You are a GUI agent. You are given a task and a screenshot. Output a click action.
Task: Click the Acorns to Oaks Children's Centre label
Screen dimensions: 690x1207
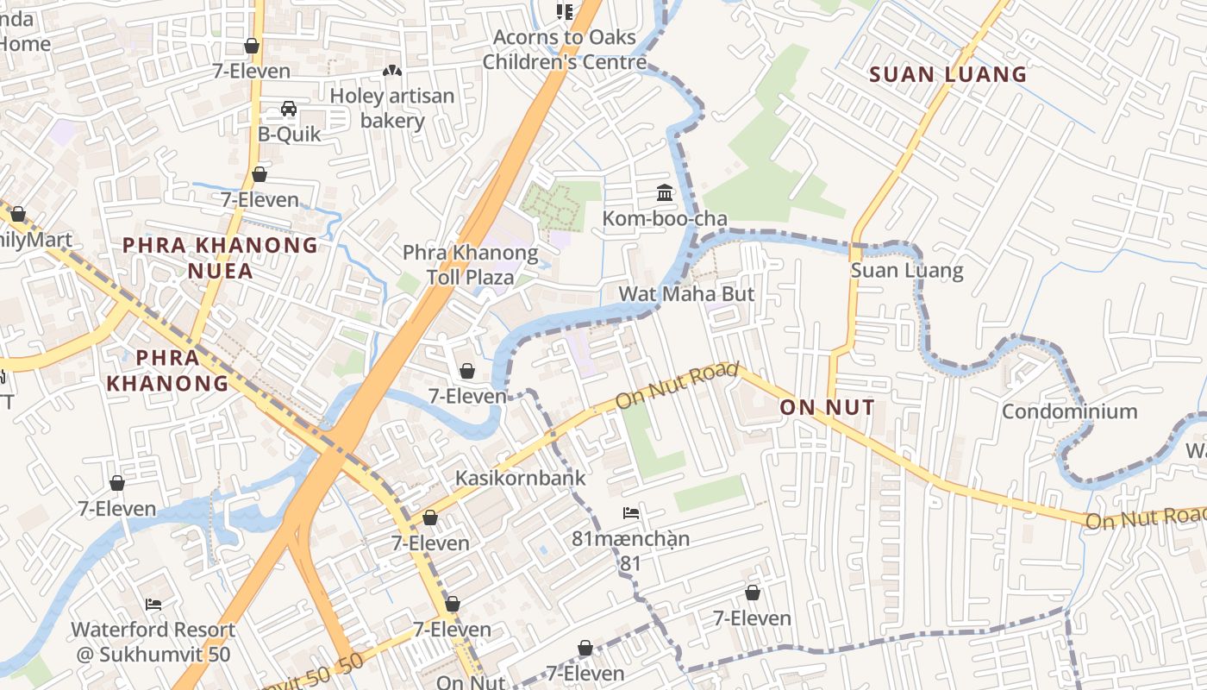(565, 50)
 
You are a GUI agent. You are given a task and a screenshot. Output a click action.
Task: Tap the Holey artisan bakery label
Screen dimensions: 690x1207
(392, 108)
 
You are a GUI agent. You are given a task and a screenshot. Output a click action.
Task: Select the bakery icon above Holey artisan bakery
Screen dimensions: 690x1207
(392, 70)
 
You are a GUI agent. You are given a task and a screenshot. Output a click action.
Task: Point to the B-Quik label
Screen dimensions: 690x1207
(290, 135)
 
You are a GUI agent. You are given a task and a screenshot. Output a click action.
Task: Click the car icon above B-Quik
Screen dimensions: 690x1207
(289, 109)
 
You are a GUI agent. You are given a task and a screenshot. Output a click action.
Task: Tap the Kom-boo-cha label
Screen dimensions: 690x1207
(665, 219)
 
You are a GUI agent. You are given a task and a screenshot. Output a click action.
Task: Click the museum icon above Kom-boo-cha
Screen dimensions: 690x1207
(664, 192)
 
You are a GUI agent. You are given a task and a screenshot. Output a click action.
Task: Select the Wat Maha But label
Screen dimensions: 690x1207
(686, 294)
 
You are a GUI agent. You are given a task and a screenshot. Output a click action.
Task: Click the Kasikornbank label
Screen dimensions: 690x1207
(520, 478)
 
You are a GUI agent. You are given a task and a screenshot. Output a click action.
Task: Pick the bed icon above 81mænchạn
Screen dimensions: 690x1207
(631, 513)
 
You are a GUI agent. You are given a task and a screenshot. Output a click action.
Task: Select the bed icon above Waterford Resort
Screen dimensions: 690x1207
(153, 605)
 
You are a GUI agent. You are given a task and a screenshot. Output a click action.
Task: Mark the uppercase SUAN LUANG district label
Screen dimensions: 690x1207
(948, 74)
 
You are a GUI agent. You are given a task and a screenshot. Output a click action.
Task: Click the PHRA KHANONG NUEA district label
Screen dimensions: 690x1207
(221, 258)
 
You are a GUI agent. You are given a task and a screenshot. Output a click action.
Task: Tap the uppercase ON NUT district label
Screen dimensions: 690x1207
(827, 407)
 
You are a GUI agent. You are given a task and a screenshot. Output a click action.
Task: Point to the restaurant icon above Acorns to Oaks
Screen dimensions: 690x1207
(565, 11)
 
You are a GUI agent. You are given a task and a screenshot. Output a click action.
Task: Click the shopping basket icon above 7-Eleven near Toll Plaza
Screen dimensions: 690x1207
(467, 371)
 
